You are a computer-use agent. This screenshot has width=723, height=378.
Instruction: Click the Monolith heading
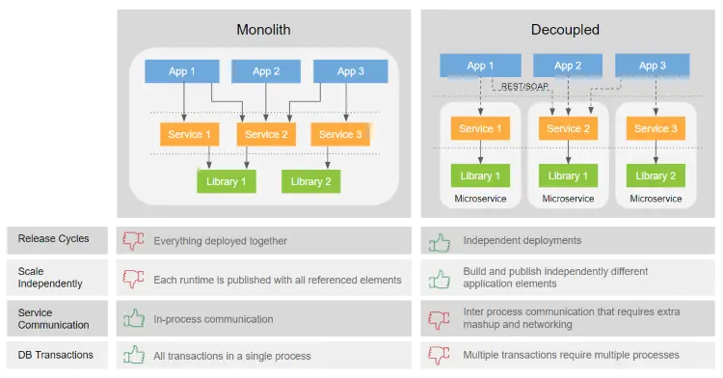tap(263, 30)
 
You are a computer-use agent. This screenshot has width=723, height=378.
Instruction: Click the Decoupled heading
tap(565, 30)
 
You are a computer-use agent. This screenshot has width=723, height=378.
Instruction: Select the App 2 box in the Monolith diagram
tap(266, 71)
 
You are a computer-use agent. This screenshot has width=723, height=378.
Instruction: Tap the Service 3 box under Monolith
tap(340, 135)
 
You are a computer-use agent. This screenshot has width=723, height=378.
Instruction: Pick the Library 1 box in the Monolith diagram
tap(227, 181)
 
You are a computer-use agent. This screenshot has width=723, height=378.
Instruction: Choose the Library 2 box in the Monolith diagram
tap(311, 181)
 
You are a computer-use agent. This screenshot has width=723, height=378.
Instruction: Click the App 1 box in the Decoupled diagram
tap(480, 66)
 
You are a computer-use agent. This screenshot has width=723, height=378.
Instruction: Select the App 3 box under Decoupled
tap(653, 66)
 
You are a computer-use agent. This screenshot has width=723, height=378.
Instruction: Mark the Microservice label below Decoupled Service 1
tap(479, 199)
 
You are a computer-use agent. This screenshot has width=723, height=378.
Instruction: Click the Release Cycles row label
tap(53, 239)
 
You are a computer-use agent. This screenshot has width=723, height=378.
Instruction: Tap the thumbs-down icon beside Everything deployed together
tap(133, 241)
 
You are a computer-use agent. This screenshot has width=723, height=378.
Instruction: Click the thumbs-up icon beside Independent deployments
tap(440, 241)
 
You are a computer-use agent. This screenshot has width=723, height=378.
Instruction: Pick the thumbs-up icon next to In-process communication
tap(133, 317)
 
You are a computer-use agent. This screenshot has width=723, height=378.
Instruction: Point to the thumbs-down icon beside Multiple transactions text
tap(440, 355)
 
